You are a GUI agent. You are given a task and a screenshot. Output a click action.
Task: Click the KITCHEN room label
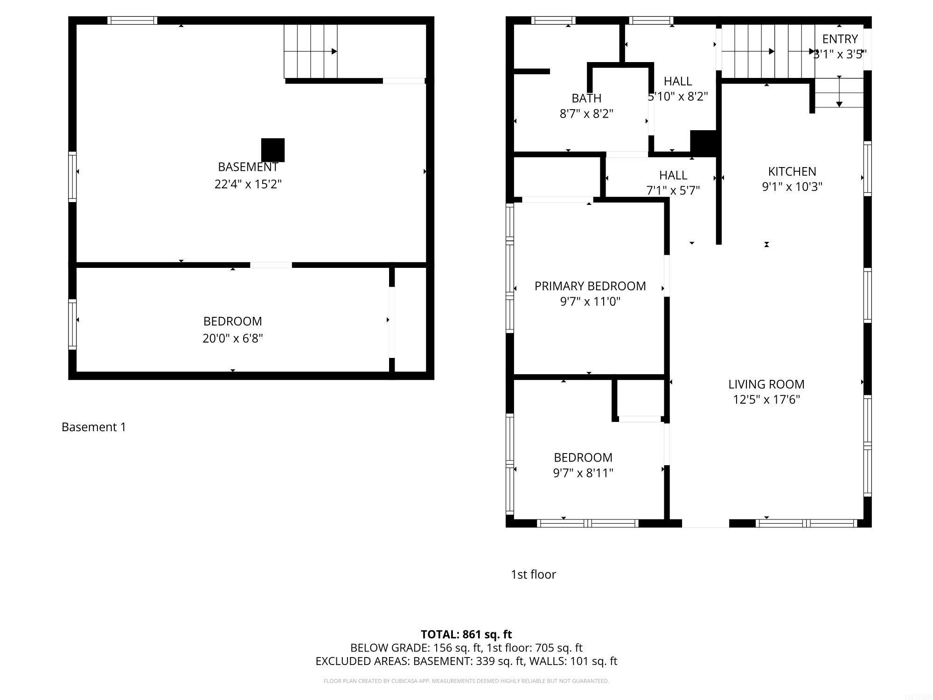(792, 171)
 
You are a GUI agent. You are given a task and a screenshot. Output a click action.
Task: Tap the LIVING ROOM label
(766, 384)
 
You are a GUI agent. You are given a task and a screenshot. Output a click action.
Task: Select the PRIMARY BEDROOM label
(590, 286)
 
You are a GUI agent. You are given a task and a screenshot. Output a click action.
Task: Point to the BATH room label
(586, 98)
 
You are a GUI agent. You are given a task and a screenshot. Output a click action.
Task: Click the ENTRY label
(840, 39)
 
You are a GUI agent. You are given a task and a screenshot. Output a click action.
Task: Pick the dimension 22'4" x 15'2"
(248, 184)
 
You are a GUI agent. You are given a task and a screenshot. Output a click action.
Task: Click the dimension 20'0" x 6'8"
(232, 338)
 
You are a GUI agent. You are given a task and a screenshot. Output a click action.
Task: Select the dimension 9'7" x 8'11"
(583, 473)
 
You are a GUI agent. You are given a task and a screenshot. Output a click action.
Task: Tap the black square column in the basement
(272, 150)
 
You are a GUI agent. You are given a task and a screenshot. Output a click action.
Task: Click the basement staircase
(310, 51)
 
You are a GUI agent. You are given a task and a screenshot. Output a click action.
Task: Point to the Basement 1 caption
(94, 427)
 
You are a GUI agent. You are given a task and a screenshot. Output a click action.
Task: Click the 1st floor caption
(533, 574)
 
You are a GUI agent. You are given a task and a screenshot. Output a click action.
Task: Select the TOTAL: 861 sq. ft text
(466, 634)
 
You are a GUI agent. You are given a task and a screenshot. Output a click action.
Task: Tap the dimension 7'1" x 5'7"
(673, 190)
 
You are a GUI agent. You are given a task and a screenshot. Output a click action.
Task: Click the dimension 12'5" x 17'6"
(766, 399)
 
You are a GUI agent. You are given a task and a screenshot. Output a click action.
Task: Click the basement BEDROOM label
(232, 321)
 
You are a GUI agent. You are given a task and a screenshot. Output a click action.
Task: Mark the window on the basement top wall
(132, 20)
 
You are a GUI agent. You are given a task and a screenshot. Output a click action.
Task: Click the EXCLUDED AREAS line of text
(466, 661)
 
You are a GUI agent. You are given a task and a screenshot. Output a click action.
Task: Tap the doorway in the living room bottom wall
(705, 524)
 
